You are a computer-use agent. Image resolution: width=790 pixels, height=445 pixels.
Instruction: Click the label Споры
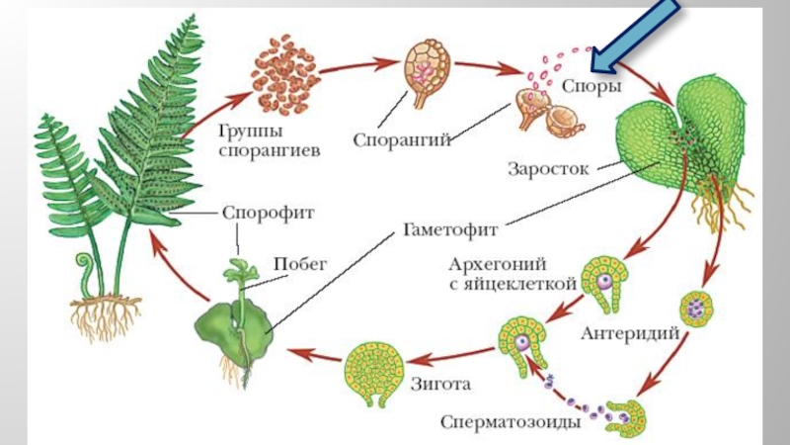point(592,87)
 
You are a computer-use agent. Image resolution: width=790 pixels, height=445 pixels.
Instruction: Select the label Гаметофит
point(449,229)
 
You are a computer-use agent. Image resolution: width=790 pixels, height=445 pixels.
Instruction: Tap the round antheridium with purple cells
point(696,309)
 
